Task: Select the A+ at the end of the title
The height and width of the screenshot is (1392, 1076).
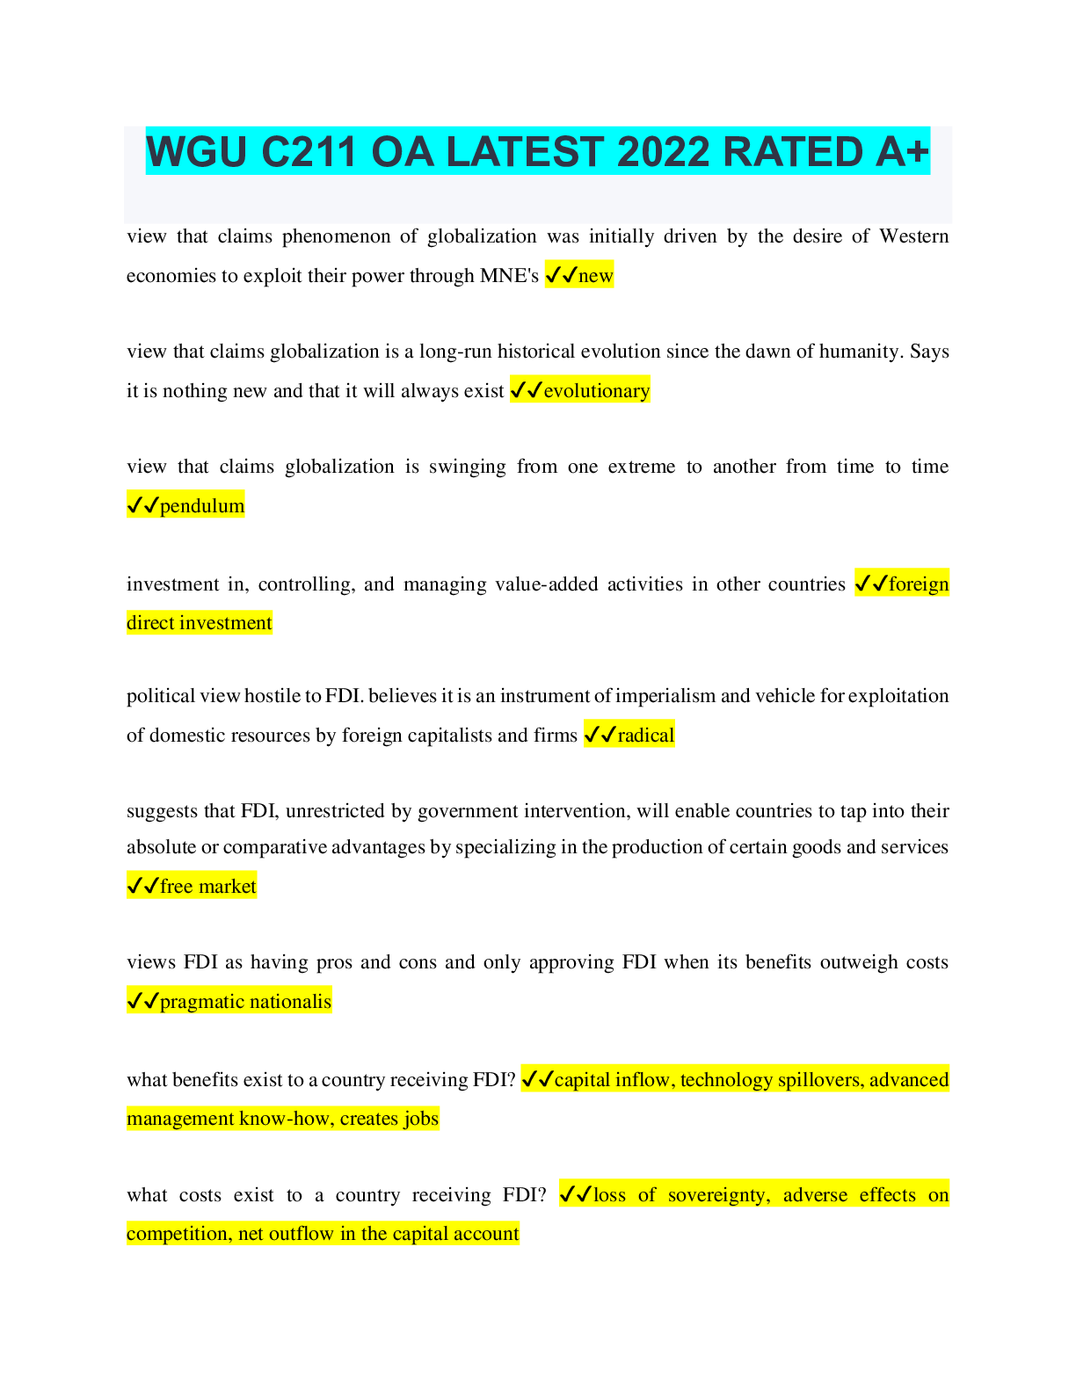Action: (x=902, y=152)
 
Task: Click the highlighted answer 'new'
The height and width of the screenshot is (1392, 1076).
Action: (x=595, y=276)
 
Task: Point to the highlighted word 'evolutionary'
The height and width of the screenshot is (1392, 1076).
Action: (x=597, y=391)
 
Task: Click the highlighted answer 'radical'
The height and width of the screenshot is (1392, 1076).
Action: (x=645, y=736)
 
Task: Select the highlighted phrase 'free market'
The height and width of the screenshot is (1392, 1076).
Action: (x=207, y=887)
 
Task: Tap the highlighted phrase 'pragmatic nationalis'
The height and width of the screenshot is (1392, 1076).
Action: (x=245, y=1002)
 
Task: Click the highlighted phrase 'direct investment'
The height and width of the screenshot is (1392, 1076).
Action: (x=200, y=623)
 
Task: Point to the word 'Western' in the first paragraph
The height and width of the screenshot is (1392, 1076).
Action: (x=913, y=236)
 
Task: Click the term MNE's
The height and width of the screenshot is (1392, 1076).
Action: (x=510, y=276)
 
